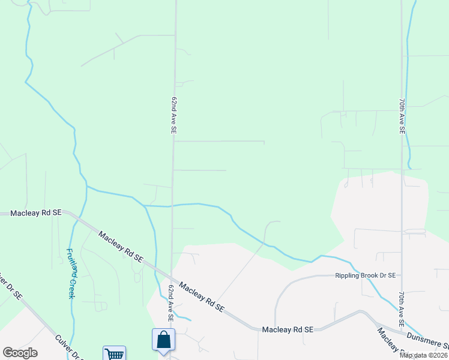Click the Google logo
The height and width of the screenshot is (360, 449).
click(20, 353)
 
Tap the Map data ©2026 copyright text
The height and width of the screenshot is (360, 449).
click(424, 355)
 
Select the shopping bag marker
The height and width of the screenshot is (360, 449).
click(163, 340)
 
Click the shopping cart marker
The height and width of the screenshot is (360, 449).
click(114, 354)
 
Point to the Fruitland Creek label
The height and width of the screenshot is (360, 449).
click(71, 274)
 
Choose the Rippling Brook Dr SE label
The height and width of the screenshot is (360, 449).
click(365, 276)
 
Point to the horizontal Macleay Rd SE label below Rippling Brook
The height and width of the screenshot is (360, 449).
click(288, 329)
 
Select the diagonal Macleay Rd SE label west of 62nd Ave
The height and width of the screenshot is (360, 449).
click(121, 247)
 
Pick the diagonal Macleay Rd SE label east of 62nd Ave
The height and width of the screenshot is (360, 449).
click(202, 298)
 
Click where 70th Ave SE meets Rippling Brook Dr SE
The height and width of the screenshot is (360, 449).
click(402, 275)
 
